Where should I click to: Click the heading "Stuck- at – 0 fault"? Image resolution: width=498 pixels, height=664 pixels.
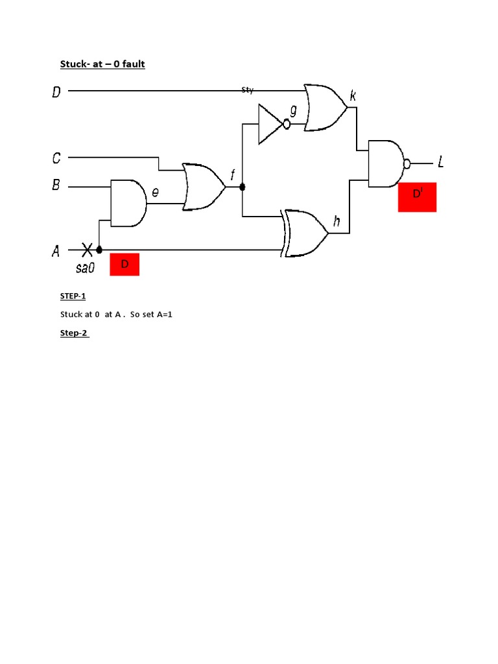[102, 64]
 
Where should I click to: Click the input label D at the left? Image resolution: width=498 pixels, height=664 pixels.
[57, 92]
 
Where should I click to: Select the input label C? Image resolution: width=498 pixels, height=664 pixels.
[57, 158]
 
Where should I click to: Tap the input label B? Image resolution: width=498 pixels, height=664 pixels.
[57, 187]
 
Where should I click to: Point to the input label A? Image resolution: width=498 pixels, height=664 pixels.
[56, 250]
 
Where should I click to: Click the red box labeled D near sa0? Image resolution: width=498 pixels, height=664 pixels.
[124, 265]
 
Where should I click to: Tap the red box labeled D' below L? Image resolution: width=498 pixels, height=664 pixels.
[417, 197]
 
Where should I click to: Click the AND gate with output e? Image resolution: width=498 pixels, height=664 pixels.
[127, 203]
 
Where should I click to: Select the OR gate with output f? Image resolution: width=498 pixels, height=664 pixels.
[203, 187]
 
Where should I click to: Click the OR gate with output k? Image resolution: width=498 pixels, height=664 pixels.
[324, 108]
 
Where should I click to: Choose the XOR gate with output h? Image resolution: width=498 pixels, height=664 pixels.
[305, 233]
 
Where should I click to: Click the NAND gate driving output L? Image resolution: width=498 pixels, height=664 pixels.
[386, 163]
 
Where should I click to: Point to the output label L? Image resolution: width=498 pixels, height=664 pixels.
[441, 162]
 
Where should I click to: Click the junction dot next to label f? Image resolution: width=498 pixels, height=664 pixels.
[243, 187]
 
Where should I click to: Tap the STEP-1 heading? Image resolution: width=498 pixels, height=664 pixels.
[73, 296]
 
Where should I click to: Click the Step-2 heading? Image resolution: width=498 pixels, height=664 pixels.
[74, 333]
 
